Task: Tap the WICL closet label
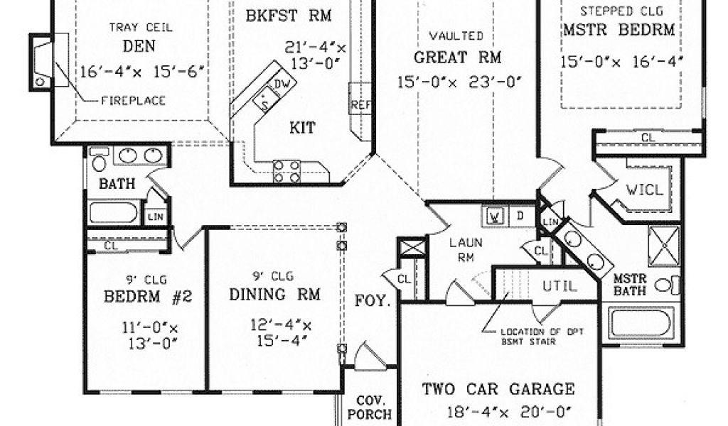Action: coord(644,190)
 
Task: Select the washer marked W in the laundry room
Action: coord(497,214)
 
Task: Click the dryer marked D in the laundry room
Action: coord(520,214)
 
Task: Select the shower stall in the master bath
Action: coord(664,246)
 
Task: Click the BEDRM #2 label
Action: coord(144,295)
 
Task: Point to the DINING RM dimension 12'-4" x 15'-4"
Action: coord(282,333)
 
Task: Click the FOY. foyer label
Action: coord(373,301)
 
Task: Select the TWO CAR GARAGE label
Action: coord(498,388)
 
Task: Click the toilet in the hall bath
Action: coord(99,160)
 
